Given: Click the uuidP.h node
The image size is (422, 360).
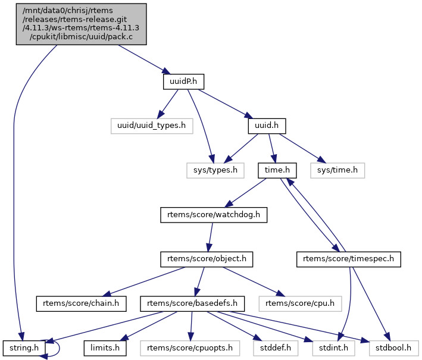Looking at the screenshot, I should (x=180, y=81).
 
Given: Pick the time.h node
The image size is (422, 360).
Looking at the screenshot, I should (x=277, y=170).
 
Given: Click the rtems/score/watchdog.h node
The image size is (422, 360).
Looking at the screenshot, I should (x=214, y=215).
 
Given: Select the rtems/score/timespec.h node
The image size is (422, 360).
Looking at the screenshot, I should (x=349, y=259).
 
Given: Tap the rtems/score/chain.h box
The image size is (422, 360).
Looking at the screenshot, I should (x=82, y=304).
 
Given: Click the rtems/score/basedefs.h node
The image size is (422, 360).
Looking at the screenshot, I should (x=193, y=304).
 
